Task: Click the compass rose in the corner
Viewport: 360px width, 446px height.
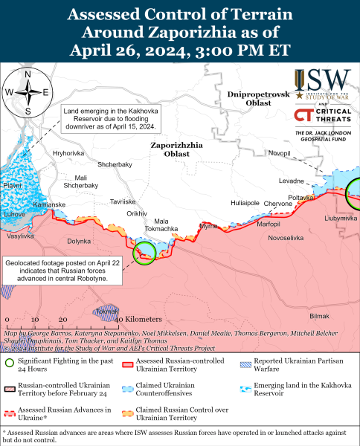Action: [28, 92]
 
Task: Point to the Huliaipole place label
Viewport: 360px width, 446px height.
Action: [245, 202]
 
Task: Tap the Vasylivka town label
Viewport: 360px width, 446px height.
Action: [20, 236]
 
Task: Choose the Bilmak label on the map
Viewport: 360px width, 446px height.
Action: [318, 316]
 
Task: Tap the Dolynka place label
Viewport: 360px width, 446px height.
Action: [79, 241]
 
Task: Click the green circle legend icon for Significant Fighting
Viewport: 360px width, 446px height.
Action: [9, 363]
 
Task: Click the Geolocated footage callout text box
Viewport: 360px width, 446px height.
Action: [58, 271]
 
